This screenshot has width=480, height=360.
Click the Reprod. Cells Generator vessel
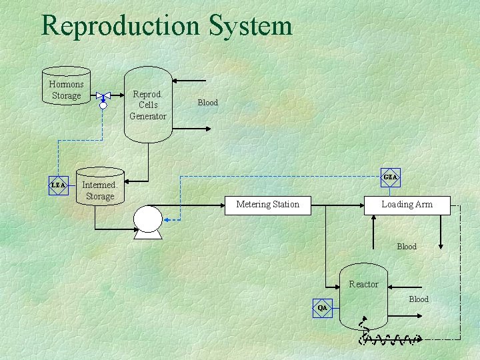(147, 105)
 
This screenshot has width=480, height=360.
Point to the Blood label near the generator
(207, 103)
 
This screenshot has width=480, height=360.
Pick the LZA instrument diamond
(59, 185)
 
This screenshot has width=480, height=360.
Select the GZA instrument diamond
(391, 177)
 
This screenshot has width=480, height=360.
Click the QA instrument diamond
(323, 307)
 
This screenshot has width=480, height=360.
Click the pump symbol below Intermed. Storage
(147, 221)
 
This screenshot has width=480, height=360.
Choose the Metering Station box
(267, 205)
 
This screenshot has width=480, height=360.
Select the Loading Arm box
(407, 205)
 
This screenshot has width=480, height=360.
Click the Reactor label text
(363, 284)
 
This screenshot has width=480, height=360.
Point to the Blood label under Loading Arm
(407, 247)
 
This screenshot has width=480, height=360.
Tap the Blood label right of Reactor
(419, 299)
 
